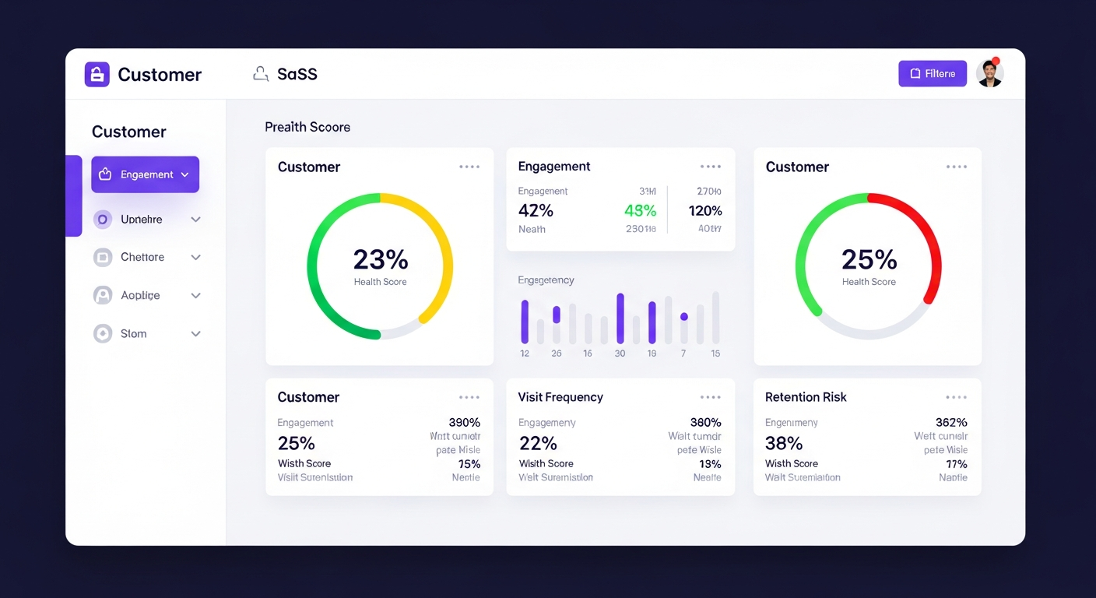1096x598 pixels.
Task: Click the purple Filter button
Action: pos(932,74)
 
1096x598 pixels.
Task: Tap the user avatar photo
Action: pos(989,74)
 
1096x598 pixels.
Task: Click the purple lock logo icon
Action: pos(97,75)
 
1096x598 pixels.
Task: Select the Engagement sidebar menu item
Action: pos(146,174)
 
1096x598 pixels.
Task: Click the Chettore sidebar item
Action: pos(142,257)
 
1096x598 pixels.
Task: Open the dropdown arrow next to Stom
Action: pos(196,334)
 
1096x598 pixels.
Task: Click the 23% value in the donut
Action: pos(380,259)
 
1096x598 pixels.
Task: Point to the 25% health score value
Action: pos(869,259)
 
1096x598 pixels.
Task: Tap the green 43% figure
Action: pos(640,211)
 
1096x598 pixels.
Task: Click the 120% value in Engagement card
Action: pos(705,211)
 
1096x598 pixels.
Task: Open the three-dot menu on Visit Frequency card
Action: pos(710,397)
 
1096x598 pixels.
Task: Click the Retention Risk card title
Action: pos(806,397)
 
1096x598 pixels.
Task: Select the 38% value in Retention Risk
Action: pos(784,443)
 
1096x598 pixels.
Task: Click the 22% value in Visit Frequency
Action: pos(538,443)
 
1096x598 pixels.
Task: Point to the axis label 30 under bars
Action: pos(620,354)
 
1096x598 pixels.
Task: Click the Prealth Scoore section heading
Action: pos(307,127)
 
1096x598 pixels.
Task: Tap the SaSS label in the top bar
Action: pos(297,75)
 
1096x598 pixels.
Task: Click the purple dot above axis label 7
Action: pos(684,317)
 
